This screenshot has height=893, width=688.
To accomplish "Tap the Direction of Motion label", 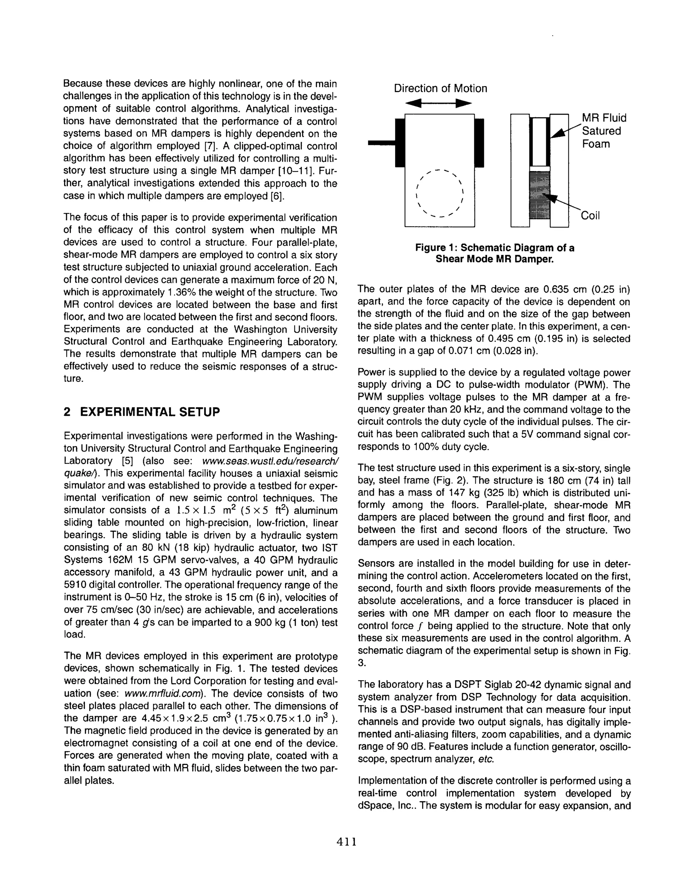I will pyautogui.click(x=440, y=89).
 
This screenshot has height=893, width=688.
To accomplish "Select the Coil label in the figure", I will pyautogui.click(x=590, y=216).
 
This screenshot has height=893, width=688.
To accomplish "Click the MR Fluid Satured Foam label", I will pyautogui.click(x=603, y=131).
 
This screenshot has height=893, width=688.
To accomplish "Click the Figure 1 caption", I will pyautogui.click(x=494, y=253).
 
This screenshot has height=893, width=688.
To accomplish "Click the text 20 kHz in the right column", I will pyautogui.click(x=465, y=410).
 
